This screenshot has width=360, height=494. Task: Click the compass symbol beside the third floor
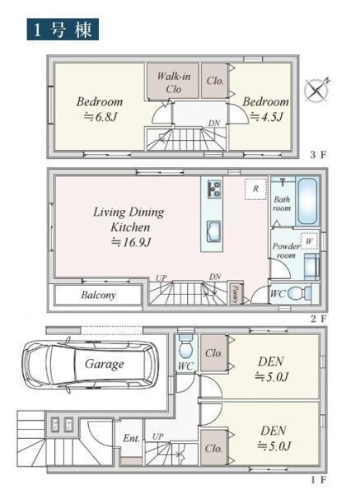pyautogui.click(x=316, y=91)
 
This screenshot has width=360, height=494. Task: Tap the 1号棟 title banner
pyautogui.click(x=63, y=30)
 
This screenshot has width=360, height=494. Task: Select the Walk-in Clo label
pyautogui.click(x=174, y=82)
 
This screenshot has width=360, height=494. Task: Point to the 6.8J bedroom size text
pyautogui.click(x=101, y=117)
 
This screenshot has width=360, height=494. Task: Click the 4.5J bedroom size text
pyautogui.click(x=267, y=117)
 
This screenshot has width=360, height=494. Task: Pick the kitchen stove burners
pyautogui.click(x=214, y=189)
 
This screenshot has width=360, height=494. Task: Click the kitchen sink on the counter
pyautogui.click(x=213, y=231)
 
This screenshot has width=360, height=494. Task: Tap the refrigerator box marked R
pyautogui.click(x=255, y=189)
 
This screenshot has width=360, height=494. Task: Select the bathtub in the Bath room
pyautogui.click(x=307, y=202)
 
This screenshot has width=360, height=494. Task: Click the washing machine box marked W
pyautogui.click(x=309, y=241)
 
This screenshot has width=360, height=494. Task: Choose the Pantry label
pyautogui.click(x=234, y=293)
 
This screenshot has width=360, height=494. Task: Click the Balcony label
pyautogui.click(x=98, y=295)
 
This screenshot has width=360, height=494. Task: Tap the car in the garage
pyautogui.click(x=90, y=365)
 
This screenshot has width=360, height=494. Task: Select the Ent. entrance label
pyautogui.click(x=131, y=438)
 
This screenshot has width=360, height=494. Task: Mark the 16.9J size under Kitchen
pyautogui.click(x=132, y=242)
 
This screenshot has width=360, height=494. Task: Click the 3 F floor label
pyautogui.click(x=319, y=155)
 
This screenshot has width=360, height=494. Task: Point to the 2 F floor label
pyautogui.click(x=319, y=319)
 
